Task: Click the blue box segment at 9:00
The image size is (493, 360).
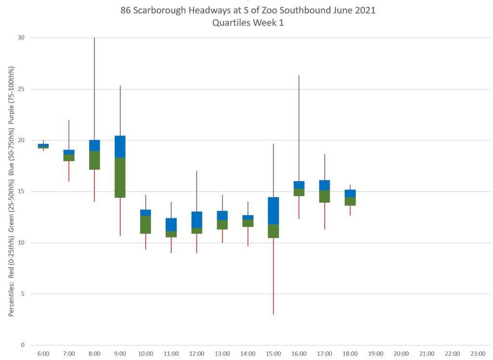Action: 120,147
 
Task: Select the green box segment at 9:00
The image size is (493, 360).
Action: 120,177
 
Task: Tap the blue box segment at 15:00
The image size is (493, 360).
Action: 273,211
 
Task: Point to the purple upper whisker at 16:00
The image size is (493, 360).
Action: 299,128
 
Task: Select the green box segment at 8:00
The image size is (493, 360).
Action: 94,160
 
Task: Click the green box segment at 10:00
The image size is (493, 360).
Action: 145,225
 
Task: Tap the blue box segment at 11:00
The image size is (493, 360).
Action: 171,225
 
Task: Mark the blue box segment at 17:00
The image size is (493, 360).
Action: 324,185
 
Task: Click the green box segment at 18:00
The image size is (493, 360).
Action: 350,201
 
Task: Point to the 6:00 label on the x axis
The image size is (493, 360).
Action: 43,354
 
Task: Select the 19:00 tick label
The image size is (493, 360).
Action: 376,354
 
